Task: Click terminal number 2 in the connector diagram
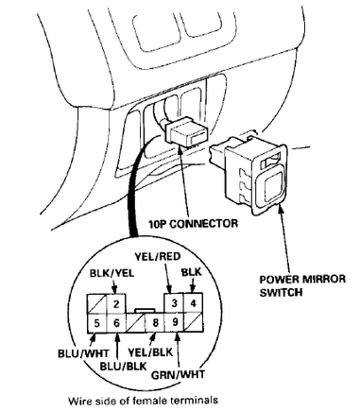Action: tap(115, 304)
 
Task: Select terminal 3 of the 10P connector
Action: tap(175, 304)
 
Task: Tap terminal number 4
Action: tap(194, 304)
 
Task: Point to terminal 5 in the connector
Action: tap(96, 323)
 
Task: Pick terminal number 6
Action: tap(115, 323)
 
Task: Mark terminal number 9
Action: tap(175, 323)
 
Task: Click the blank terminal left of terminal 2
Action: tap(96, 304)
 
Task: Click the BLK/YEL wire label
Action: tap(111, 273)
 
